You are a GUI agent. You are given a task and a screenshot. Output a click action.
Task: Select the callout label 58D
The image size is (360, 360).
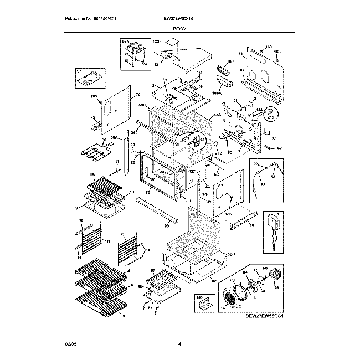pos(141,104)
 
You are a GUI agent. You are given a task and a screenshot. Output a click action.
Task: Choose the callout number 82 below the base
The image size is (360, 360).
pos(213,281)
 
